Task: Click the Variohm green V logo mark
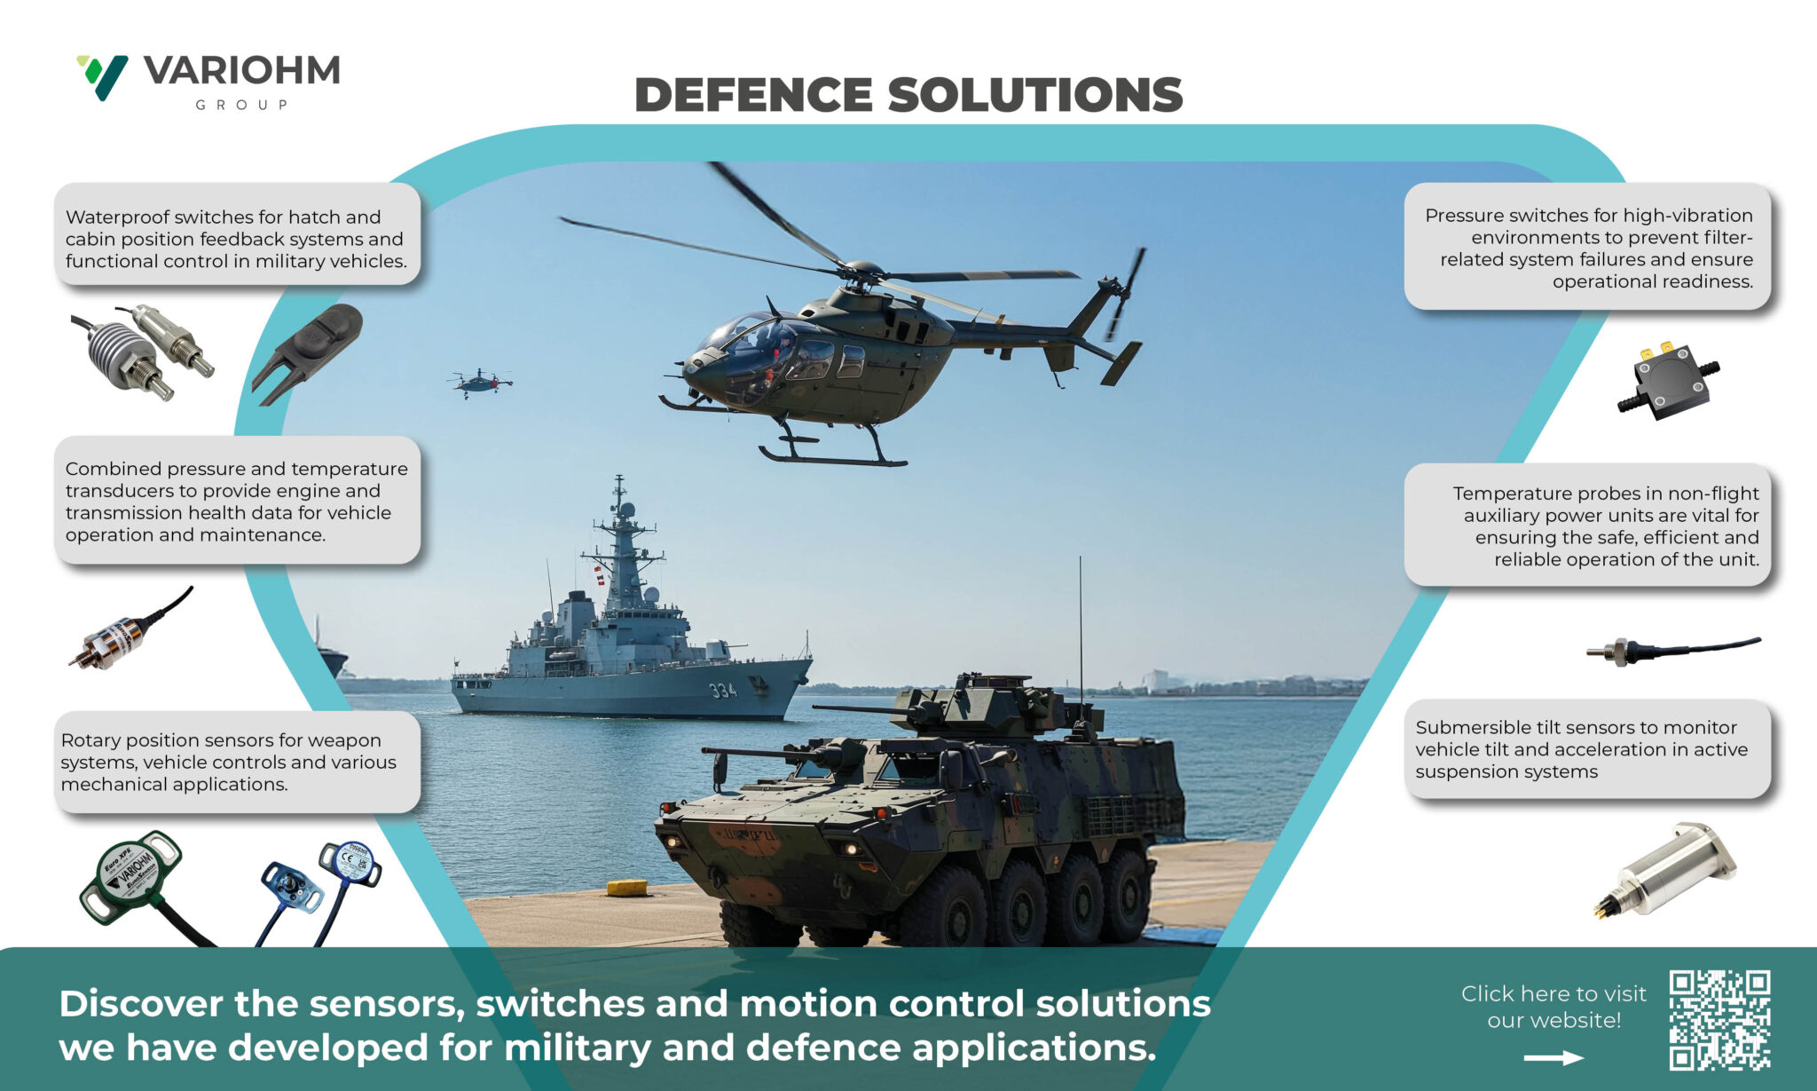click(103, 76)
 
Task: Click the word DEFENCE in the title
click(753, 95)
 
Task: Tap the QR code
click(1719, 1019)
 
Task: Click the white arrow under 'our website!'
click(1553, 1057)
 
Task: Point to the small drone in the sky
click(479, 383)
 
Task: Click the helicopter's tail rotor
click(1125, 293)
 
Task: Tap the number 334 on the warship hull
click(722, 690)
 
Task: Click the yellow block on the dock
click(626, 887)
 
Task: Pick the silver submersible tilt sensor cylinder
click(1668, 870)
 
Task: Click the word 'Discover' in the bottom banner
click(141, 1004)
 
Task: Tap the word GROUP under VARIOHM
click(241, 105)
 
